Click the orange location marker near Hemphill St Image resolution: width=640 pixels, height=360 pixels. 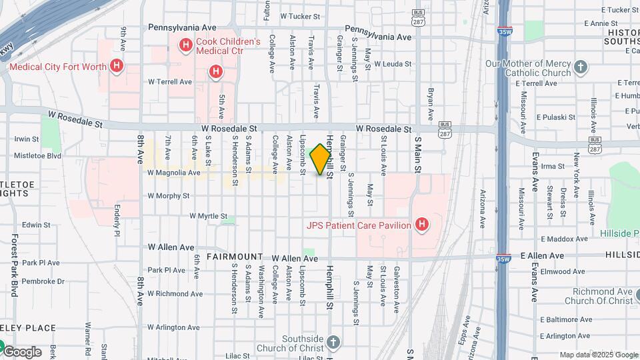pyautogui.click(x=321, y=159)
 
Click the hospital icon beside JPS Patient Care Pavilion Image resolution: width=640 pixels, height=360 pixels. pyautogui.click(x=421, y=225)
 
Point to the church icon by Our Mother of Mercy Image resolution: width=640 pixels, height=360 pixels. pyautogui.click(x=581, y=67)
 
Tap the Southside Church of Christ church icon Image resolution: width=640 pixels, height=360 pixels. pyautogui.click(x=333, y=342)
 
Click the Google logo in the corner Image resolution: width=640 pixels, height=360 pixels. pyautogui.click(x=22, y=352)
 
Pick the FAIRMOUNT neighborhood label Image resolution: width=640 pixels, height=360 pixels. pyautogui.click(x=234, y=257)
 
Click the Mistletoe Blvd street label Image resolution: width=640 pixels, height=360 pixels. pyautogui.click(x=37, y=156)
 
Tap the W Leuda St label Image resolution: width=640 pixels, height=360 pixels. pyautogui.click(x=393, y=64)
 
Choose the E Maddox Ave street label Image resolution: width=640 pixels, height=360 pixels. pyautogui.click(x=565, y=239)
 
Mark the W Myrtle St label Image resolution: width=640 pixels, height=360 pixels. pyautogui.click(x=213, y=216)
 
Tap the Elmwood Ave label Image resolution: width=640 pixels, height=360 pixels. pyautogui.click(x=563, y=271)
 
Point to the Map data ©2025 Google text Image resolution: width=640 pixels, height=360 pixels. pyautogui.click(x=597, y=355)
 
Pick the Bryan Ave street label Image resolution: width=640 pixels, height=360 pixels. pyautogui.click(x=431, y=101)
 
